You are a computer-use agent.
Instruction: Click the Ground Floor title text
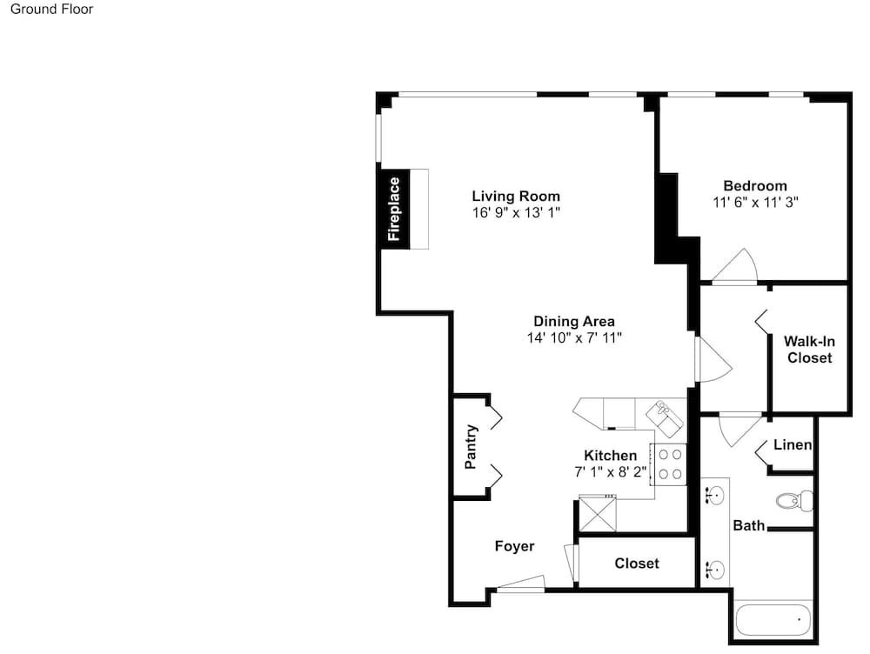[x=51, y=9]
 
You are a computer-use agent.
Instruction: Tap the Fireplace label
[x=394, y=209]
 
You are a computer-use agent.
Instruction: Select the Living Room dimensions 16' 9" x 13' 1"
[x=516, y=212]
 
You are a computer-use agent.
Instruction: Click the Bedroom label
[x=755, y=186]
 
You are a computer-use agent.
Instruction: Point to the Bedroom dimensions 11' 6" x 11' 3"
[x=755, y=203]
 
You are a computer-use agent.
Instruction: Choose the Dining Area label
[x=573, y=321]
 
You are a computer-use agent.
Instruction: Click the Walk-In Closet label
[x=809, y=350]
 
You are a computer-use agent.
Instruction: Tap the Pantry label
[x=471, y=446]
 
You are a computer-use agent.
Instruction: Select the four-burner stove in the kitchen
[x=669, y=464]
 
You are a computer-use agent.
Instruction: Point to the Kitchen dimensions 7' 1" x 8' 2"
[x=611, y=472]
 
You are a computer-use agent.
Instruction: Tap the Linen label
[x=793, y=445]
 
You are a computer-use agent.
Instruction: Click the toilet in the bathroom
[x=794, y=501]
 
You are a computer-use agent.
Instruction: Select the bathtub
[x=773, y=620]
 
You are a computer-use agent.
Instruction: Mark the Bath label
[x=748, y=525]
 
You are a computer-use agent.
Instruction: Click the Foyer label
[x=514, y=546]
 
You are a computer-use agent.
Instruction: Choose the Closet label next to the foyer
[x=637, y=564]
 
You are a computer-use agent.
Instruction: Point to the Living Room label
[x=516, y=196]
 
